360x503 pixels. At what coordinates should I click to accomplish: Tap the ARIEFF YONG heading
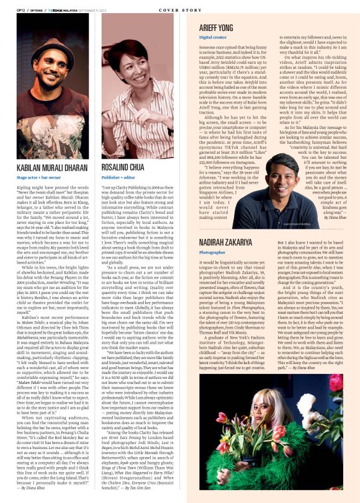click(215, 27)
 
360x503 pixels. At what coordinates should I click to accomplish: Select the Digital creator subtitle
click(212, 37)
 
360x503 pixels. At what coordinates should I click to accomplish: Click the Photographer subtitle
click(212, 252)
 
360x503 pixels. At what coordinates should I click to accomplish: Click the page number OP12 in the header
click(20, 10)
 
